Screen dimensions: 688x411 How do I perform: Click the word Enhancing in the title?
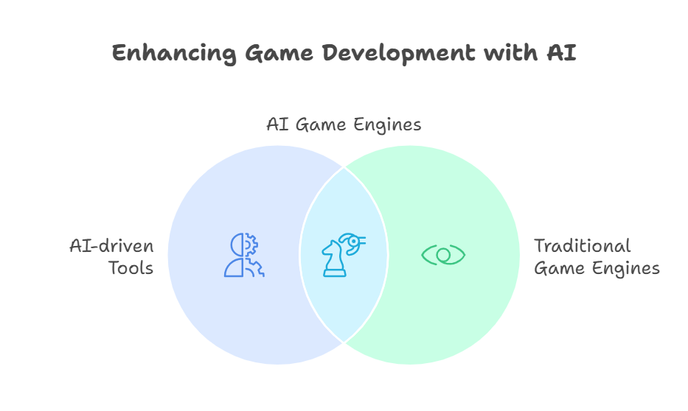point(174,54)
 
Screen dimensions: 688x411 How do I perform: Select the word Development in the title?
point(398,54)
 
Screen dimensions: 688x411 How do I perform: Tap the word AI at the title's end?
point(562,52)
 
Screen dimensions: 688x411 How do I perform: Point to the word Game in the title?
point(279,52)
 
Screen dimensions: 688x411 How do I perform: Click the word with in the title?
point(511,52)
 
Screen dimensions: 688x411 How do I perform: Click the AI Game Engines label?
point(344,125)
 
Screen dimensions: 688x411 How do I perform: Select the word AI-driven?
point(111,246)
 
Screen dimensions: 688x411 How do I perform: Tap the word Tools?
point(131,268)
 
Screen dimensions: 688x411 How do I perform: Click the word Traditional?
point(583,246)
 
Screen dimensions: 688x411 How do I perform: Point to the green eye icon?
point(443,255)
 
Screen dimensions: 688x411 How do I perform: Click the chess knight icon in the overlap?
point(334,259)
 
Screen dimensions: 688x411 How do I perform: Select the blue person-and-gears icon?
point(244,255)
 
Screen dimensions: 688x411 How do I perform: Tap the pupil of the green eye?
point(443,255)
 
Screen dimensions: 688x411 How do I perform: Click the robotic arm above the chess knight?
point(352,243)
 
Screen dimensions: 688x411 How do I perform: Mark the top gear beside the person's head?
point(251,245)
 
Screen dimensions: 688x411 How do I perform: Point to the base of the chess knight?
point(334,274)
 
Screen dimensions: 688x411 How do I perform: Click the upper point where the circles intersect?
point(344,167)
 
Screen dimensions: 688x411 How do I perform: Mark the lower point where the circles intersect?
point(344,342)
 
